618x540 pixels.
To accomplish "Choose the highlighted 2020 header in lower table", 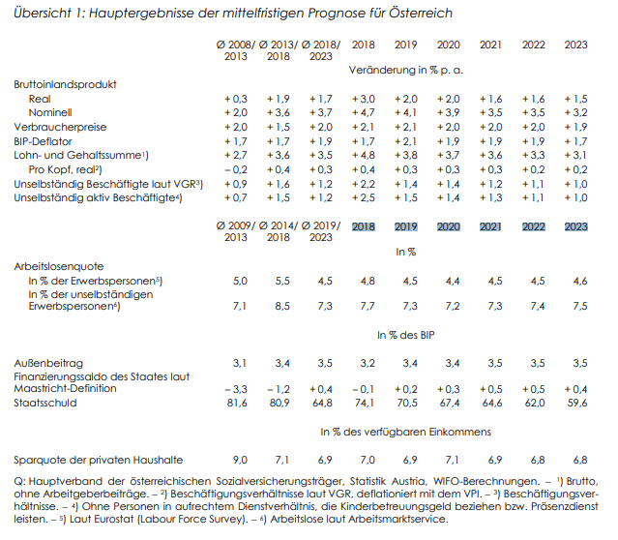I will (x=449, y=227).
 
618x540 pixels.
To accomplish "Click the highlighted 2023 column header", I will (x=575, y=227).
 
